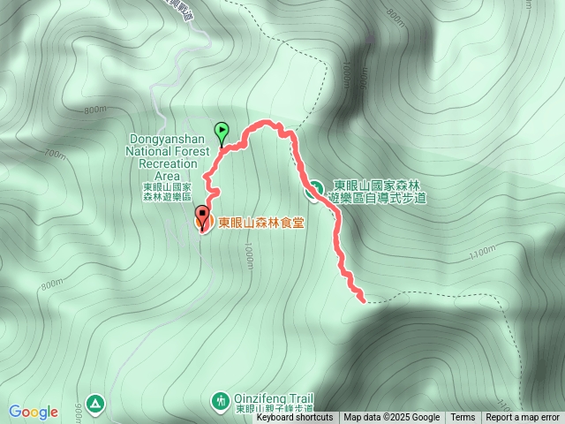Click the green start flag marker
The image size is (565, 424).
(x=221, y=131)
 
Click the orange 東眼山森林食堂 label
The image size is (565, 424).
(x=261, y=223)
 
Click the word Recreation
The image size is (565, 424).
(x=166, y=165)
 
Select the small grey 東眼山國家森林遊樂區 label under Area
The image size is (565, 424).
(x=167, y=192)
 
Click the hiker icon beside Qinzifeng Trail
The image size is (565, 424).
(x=220, y=402)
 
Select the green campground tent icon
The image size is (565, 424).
(x=95, y=402)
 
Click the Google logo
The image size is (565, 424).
(x=34, y=412)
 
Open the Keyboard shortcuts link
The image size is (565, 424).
(x=295, y=418)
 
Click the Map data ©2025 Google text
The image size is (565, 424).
(x=391, y=418)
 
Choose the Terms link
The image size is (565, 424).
(x=463, y=418)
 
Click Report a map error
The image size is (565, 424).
(x=522, y=418)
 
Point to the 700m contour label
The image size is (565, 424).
(x=54, y=155)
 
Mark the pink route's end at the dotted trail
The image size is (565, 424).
(x=361, y=299)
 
